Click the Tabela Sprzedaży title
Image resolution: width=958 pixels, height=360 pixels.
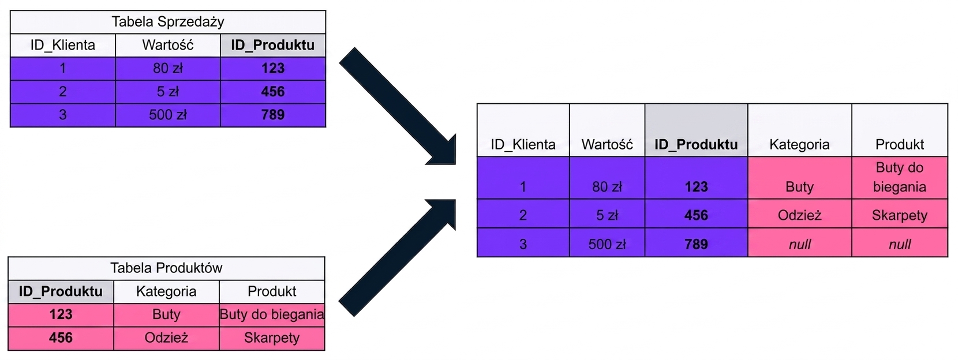point(167,22)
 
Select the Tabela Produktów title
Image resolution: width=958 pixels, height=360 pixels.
point(166,268)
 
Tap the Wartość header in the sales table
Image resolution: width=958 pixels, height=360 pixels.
point(167,45)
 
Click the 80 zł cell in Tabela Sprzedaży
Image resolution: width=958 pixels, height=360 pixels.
point(167,69)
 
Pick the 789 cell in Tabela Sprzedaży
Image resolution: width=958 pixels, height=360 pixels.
point(273,115)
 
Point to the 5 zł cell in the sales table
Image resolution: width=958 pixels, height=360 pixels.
point(167,92)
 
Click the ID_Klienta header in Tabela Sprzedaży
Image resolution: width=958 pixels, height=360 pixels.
point(62,45)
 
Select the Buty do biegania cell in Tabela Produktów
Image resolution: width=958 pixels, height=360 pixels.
point(272,314)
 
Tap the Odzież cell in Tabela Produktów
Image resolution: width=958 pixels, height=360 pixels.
point(166,337)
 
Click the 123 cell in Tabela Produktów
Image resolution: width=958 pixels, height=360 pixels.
point(61,314)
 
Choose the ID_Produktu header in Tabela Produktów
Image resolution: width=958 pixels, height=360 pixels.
point(61,291)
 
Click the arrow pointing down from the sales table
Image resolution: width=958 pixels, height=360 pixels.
point(398,106)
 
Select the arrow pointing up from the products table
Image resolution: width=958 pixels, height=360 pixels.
point(398,257)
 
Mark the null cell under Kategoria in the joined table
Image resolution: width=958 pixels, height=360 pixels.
point(799,244)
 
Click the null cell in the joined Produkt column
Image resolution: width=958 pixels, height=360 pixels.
point(899,244)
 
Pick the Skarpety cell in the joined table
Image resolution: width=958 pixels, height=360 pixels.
point(899,215)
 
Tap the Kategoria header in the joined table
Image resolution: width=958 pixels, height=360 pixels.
point(799,144)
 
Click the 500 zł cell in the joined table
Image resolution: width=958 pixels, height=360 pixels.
point(607,244)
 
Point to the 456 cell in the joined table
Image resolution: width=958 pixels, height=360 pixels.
point(696,215)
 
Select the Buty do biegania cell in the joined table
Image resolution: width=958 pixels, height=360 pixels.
point(899,177)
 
